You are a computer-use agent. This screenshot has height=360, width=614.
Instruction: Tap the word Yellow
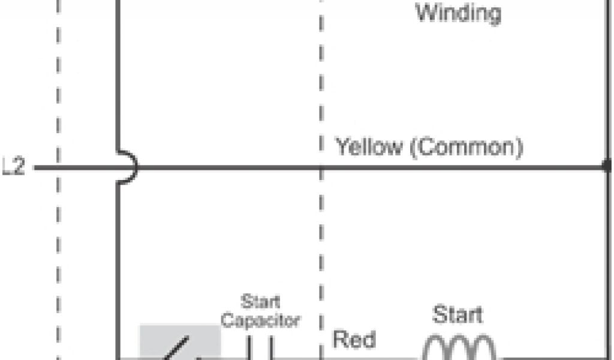tap(368, 146)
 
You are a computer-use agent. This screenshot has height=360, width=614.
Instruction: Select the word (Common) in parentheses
tap(466, 146)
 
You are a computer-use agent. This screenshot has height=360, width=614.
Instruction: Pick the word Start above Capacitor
tap(260, 301)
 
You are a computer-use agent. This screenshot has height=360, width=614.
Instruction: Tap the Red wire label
tap(354, 340)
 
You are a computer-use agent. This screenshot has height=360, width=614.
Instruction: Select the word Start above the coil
tap(458, 314)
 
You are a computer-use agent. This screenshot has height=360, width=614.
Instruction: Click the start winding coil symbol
tap(460, 347)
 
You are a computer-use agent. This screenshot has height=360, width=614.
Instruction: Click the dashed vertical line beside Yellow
tap(321, 240)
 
